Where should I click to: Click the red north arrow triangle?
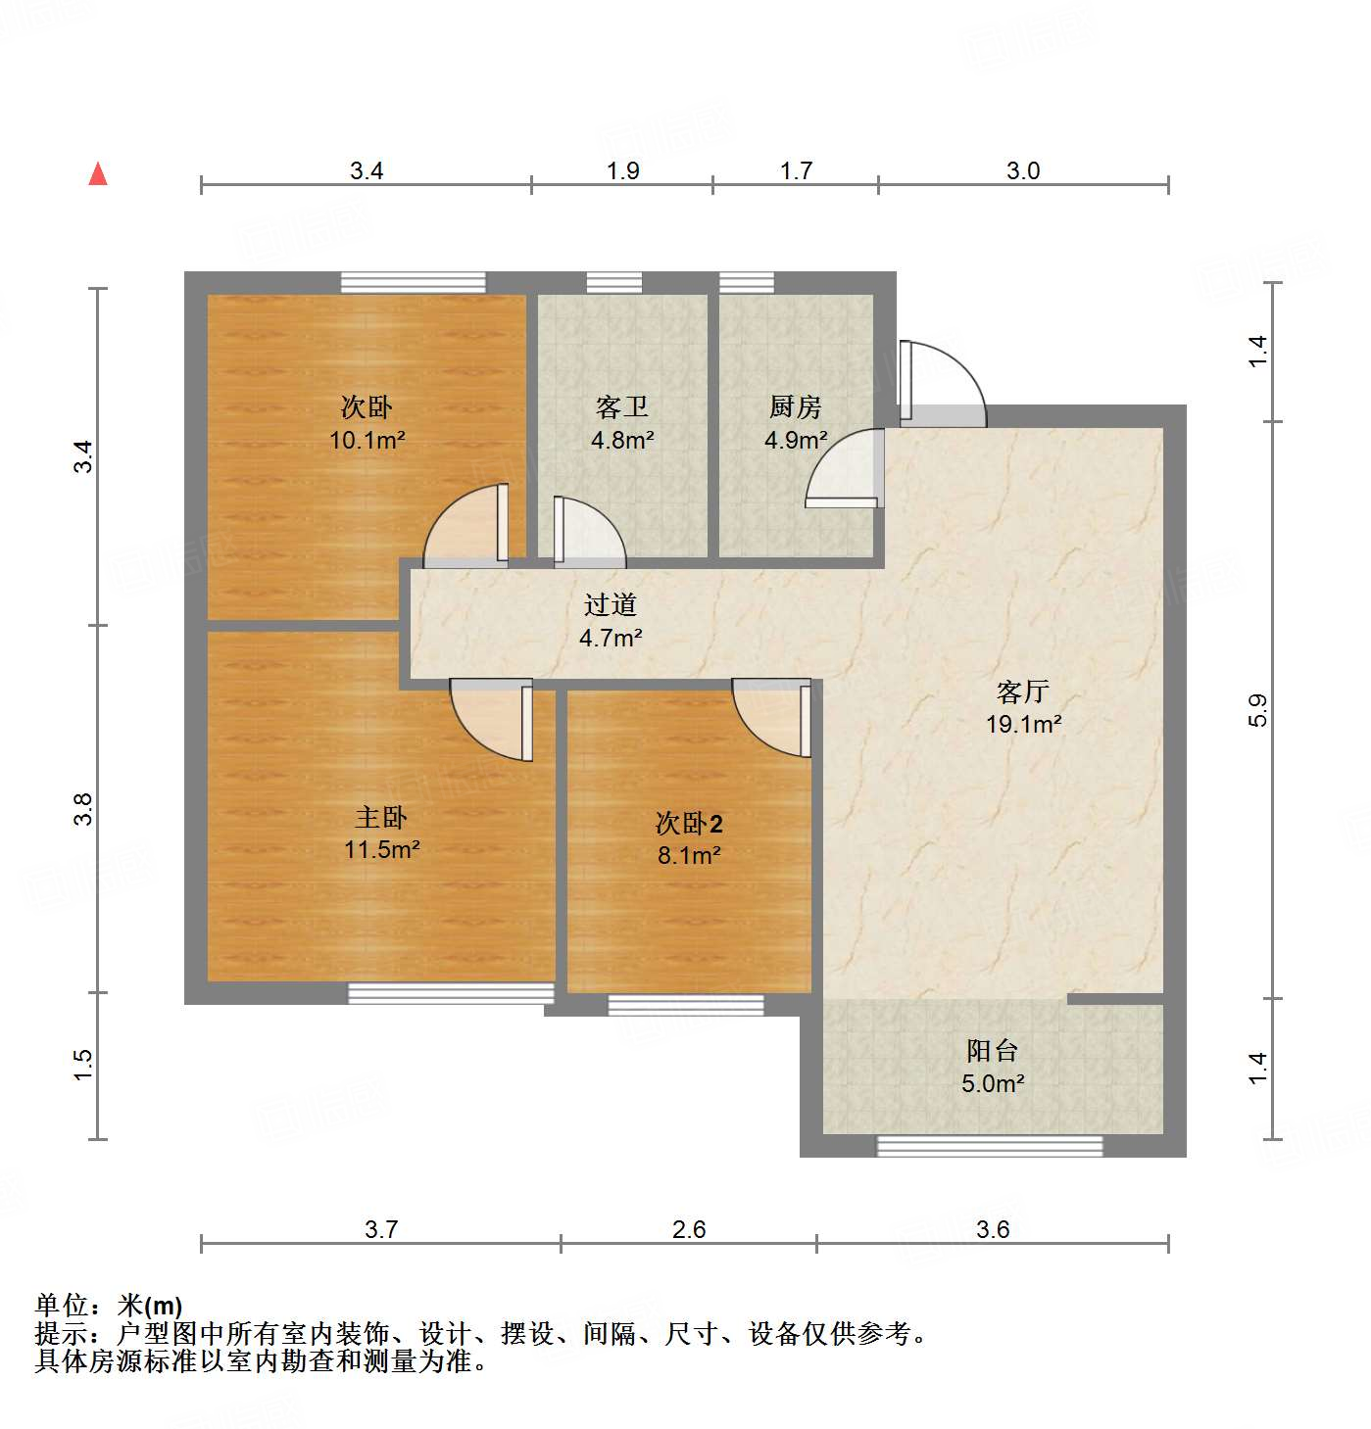coord(98,174)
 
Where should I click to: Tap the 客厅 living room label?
coord(1022,692)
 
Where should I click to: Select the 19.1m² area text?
coord(1023,725)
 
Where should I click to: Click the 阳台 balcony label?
coord(992,1051)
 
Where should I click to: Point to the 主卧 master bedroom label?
coord(380,817)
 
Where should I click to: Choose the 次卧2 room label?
coord(689,823)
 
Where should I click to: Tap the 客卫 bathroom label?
coord(622,406)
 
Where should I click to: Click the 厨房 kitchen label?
coord(795,406)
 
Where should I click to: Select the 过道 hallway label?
coord(610,605)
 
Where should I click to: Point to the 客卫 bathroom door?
coord(589,533)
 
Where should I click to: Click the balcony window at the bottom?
coord(989,1145)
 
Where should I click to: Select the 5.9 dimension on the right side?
coord(1258,710)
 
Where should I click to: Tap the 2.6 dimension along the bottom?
coord(688,1229)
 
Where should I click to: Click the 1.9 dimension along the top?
coord(622,170)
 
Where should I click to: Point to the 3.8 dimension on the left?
coord(83,809)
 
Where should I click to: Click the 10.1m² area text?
coord(367,440)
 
